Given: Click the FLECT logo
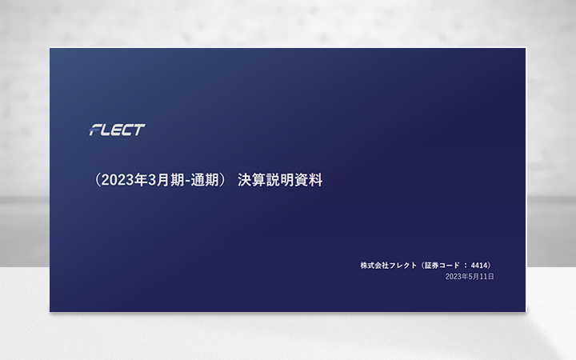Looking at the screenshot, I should [117, 130].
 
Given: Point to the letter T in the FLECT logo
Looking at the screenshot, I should [139, 130].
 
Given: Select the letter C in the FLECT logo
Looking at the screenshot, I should [128, 130].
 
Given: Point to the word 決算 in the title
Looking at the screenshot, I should [252, 181].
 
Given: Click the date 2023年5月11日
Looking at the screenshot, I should [470, 276].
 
